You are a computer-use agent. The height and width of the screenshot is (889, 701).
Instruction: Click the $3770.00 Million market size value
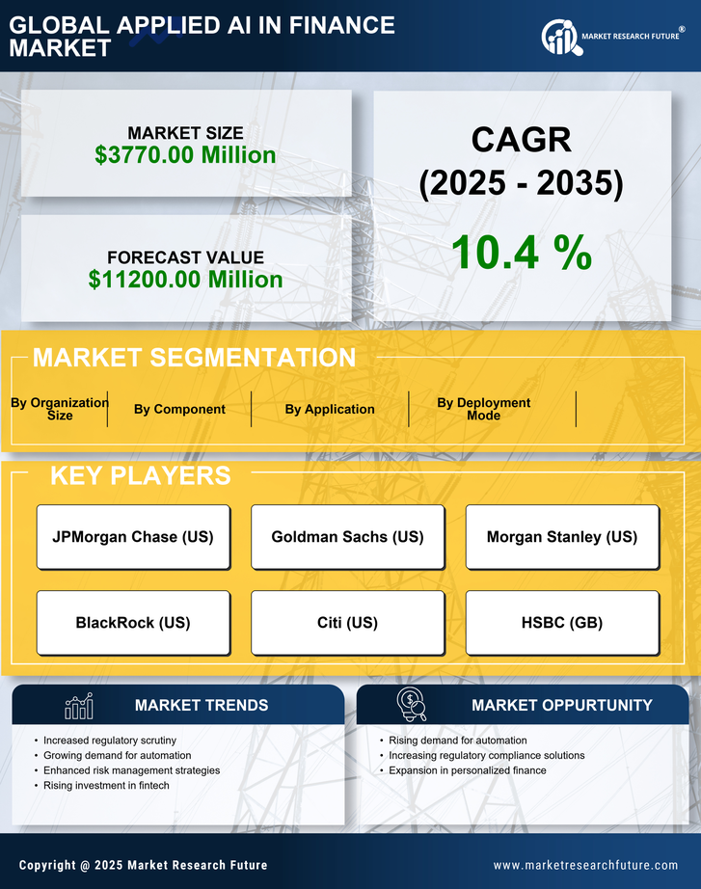[185, 155]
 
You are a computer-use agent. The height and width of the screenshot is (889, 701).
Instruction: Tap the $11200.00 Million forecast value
[185, 280]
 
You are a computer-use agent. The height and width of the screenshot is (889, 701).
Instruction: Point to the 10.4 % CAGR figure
[521, 253]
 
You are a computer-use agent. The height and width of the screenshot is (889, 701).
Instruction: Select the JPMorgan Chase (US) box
[133, 537]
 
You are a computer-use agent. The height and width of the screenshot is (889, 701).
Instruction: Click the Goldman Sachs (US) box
[347, 537]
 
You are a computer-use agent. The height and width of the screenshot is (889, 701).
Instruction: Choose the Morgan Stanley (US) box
[562, 537]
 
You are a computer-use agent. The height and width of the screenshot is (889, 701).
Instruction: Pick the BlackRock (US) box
[133, 623]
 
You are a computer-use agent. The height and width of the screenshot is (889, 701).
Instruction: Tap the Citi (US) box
[347, 623]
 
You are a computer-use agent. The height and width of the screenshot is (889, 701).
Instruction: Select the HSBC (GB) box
[562, 623]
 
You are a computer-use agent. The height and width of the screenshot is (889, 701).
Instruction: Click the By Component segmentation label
[179, 410]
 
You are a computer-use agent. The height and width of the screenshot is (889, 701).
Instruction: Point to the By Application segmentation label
[330, 410]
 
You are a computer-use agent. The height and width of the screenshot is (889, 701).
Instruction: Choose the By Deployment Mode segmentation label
[484, 409]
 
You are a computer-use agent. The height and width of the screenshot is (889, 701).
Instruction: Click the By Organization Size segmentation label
[60, 409]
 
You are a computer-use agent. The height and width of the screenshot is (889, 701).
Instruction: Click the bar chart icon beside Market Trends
[79, 707]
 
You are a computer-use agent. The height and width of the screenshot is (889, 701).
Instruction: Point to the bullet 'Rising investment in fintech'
[106, 786]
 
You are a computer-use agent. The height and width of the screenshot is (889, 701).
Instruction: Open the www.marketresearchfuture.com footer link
[585, 865]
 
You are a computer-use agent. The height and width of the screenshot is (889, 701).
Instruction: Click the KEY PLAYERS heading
[140, 475]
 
